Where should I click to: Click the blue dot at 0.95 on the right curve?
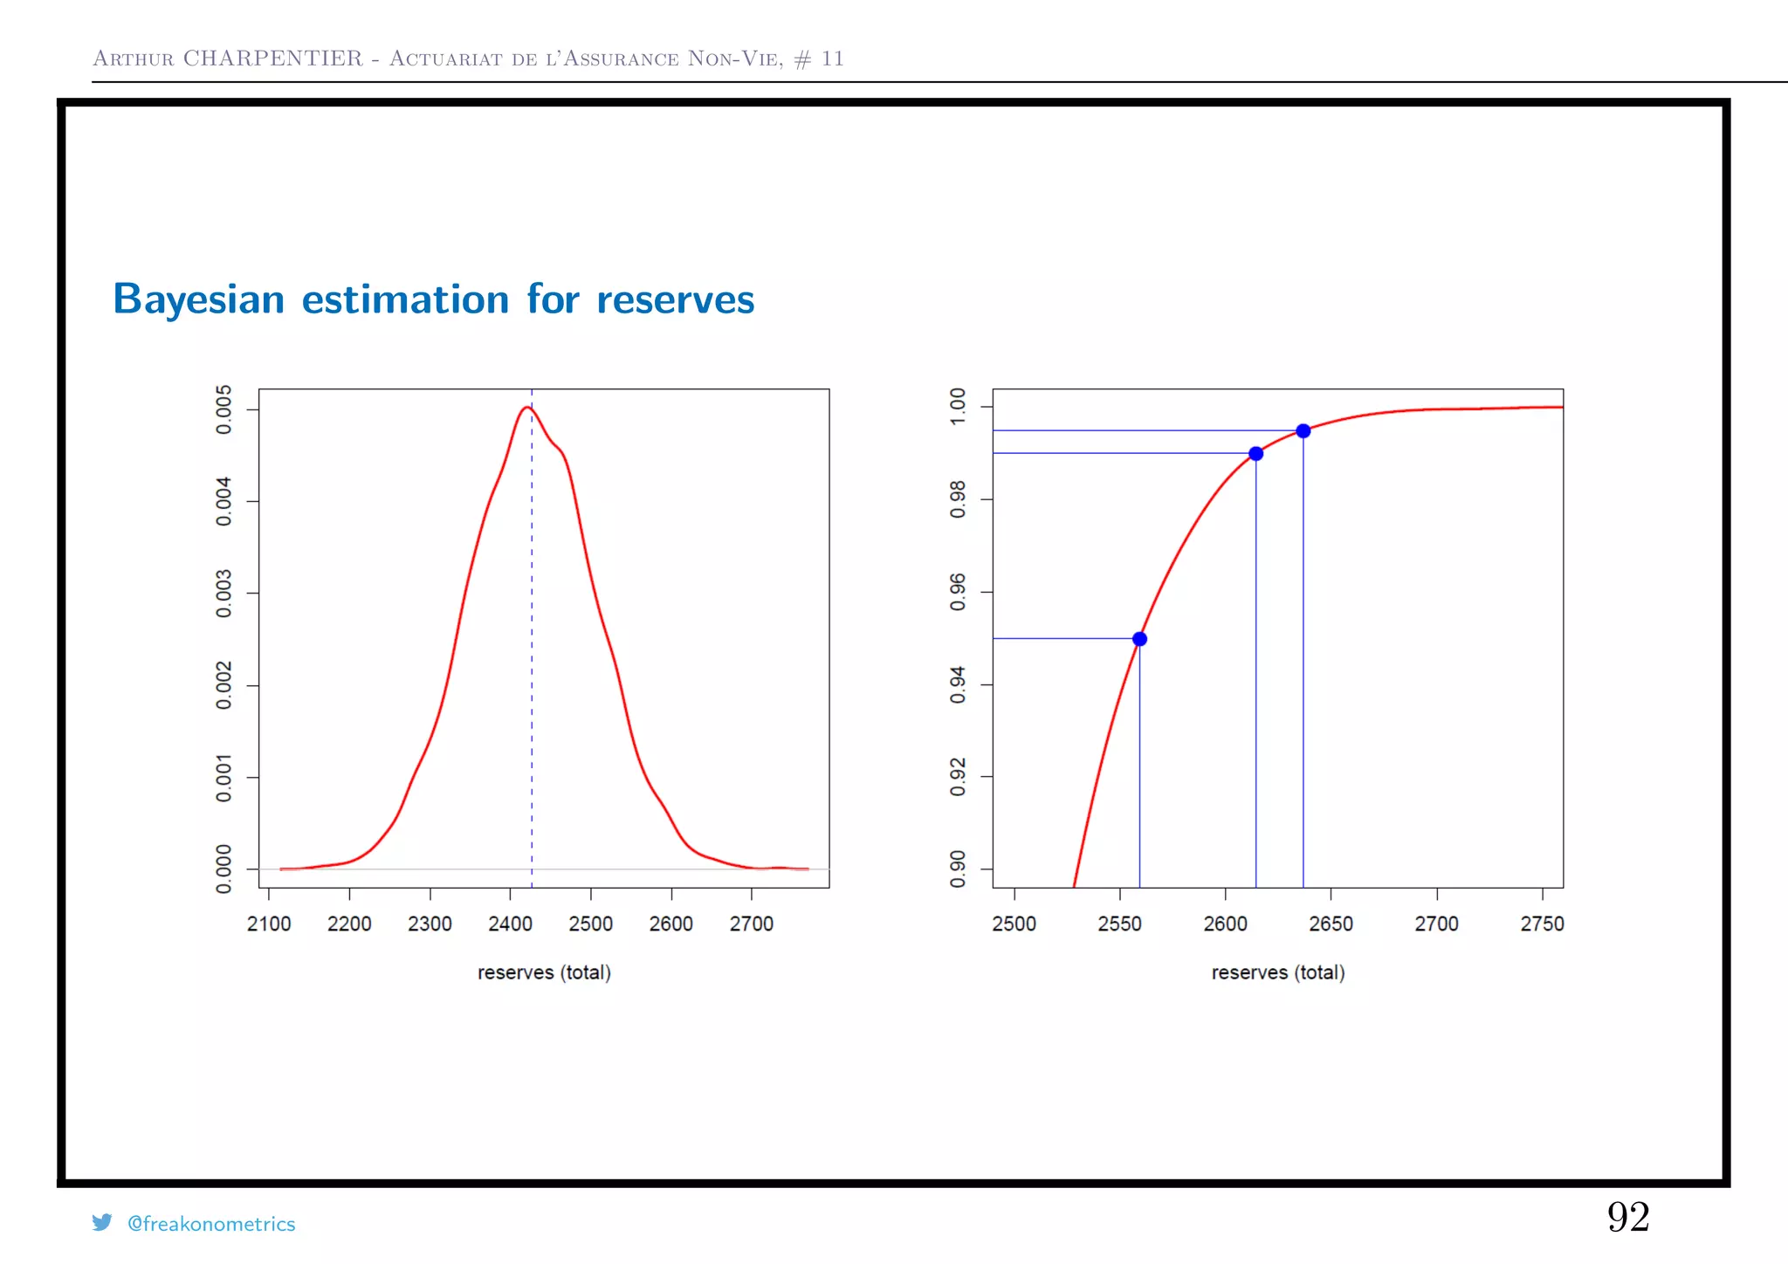pyautogui.click(x=1139, y=639)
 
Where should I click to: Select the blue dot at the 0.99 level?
pyautogui.click(x=1255, y=454)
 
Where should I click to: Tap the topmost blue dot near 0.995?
pyautogui.click(x=1303, y=431)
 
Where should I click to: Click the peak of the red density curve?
pyautogui.click(x=526, y=408)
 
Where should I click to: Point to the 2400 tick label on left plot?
pyautogui.click(x=510, y=924)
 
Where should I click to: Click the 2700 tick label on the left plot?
pyautogui.click(x=751, y=924)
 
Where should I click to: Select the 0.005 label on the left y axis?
pyautogui.click(x=224, y=409)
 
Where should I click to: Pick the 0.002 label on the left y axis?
pyautogui.click(x=224, y=685)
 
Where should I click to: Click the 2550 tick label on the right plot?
pyautogui.click(x=1119, y=924)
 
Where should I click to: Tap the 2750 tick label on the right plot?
pyautogui.click(x=1542, y=924)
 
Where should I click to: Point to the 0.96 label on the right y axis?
pyautogui.click(x=958, y=592)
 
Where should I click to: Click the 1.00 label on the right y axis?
pyautogui.click(x=958, y=407)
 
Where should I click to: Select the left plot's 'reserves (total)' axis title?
pyautogui.click(x=544, y=972)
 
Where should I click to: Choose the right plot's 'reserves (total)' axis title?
pyautogui.click(x=1277, y=972)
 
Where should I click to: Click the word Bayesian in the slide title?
pyautogui.click(x=199, y=300)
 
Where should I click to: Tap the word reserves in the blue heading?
pyautogui.click(x=675, y=300)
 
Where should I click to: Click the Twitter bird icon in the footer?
pyautogui.click(x=102, y=1222)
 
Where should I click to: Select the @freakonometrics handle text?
pyautogui.click(x=211, y=1224)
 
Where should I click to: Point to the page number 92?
pyautogui.click(x=1627, y=1217)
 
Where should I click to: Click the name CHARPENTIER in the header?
pyautogui.click(x=272, y=58)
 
